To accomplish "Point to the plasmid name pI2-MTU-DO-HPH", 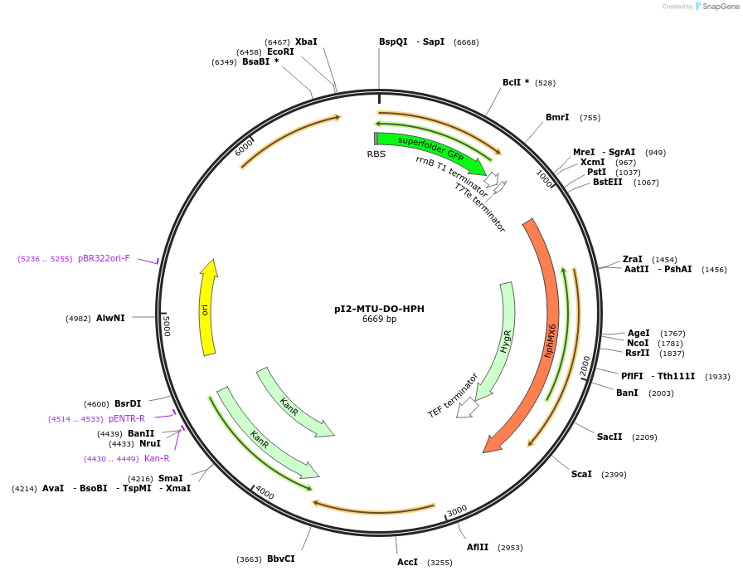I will (x=379, y=309).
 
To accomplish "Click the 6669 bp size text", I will (x=379, y=320).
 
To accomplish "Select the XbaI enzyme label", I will (x=306, y=41).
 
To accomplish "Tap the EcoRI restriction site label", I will (x=280, y=51).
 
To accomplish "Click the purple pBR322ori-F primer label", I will (x=104, y=258).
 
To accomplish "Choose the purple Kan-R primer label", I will (x=157, y=458).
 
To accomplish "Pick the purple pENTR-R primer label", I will (x=126, y=418).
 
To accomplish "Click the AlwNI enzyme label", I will (x=110, y=318).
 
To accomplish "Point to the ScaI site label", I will (x=581, y=474).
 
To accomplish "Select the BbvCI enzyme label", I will (x=280, y=559).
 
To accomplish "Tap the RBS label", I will (x=376, y=154).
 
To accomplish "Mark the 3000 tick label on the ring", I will (x=457, y=510).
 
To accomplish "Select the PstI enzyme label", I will (x=596, y=172).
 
